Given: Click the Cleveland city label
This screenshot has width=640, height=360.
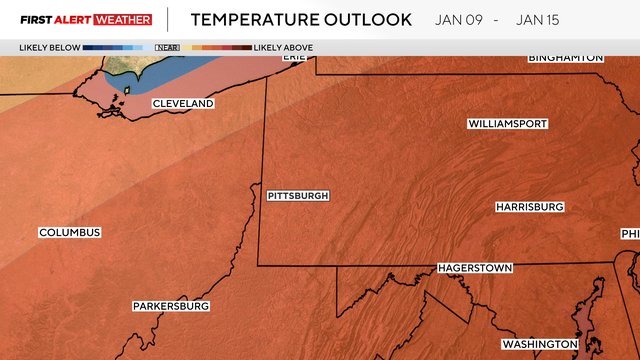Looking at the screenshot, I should click(183, 104).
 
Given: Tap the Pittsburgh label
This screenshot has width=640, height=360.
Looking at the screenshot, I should click(298, 196).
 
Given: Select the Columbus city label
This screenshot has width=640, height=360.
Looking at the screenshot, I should click(70, 233).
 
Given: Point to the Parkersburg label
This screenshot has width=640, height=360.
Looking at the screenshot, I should click(171, 306).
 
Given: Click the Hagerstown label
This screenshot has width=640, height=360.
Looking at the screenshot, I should click(475, 269).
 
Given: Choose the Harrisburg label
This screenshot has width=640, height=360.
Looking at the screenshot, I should click(530, 207).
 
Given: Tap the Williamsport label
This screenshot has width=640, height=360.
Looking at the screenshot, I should click(508, 124).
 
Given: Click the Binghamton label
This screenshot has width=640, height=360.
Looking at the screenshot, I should click(566, 58).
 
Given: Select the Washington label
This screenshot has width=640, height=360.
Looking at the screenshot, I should click(540, 344).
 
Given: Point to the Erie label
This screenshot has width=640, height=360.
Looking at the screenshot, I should click(293, 57).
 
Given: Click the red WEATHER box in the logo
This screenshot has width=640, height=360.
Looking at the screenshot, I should click(123, 19).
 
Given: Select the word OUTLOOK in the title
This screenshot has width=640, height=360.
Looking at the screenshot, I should click(371, 19).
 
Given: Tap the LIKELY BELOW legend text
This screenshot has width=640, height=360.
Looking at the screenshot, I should click(49, 47).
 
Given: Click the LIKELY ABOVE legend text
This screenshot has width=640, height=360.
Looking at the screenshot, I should click(284, 47).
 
